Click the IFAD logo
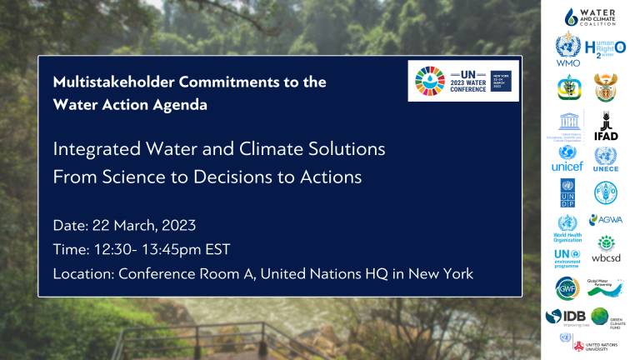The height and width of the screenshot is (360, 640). click(606, 127)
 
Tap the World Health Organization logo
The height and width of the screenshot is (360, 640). click(567, 227)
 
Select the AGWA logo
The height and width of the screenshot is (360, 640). click(606, 220)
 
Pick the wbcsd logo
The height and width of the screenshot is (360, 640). click(606, 252)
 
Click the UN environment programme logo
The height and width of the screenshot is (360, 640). click(567, 257)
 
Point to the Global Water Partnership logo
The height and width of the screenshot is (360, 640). click(606, 288)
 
